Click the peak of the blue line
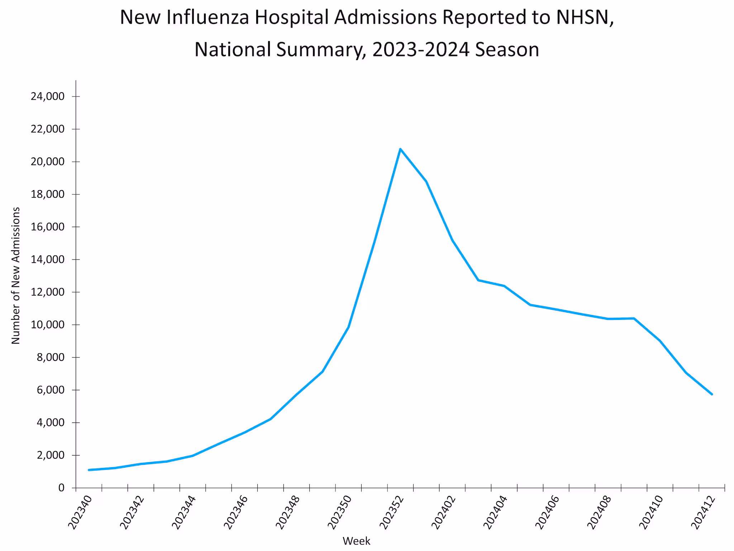[400, 149]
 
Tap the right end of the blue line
[712, 394]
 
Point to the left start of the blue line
[89, 470]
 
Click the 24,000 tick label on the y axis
[48, 96]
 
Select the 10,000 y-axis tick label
[48, 325]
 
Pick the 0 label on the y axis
[61, 488]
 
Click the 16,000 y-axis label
[48, 227]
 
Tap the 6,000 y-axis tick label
[50, 390]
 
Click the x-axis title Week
[356, 541]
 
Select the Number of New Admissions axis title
[16, 275]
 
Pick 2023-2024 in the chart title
[421, 50]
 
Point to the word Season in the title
[507, 50]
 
